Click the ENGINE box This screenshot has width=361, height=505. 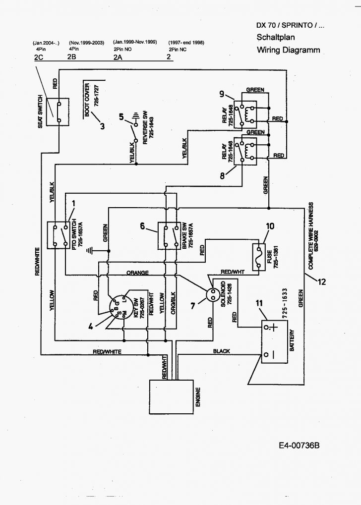172,396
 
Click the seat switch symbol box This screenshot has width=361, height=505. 58,112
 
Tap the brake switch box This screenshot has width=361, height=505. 169,235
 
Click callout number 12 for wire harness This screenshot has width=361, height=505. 322,282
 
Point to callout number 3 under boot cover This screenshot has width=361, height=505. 102,126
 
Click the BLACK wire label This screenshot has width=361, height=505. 222,351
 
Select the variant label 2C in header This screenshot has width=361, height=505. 39,57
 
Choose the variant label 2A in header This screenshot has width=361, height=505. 118,57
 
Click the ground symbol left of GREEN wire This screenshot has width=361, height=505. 90,249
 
